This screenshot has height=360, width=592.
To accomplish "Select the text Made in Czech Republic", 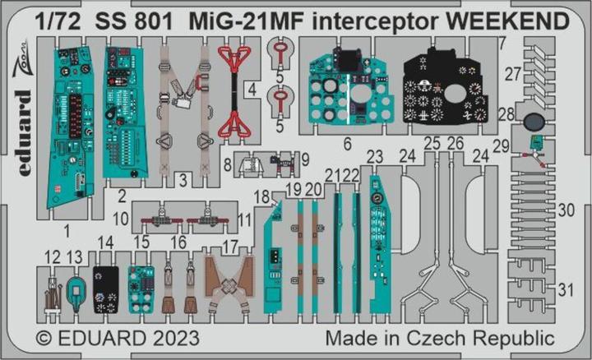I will pos(439,339).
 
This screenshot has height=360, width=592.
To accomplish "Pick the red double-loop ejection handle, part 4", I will pos(234,90).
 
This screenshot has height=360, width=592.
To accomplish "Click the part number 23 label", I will pos(375,156).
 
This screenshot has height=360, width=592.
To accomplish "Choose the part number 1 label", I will pos(66,222).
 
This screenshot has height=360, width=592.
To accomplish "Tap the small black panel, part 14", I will pos(106,290).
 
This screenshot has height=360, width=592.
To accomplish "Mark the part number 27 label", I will pos(512,74).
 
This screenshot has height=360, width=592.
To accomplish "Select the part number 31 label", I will pos(565,289).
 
